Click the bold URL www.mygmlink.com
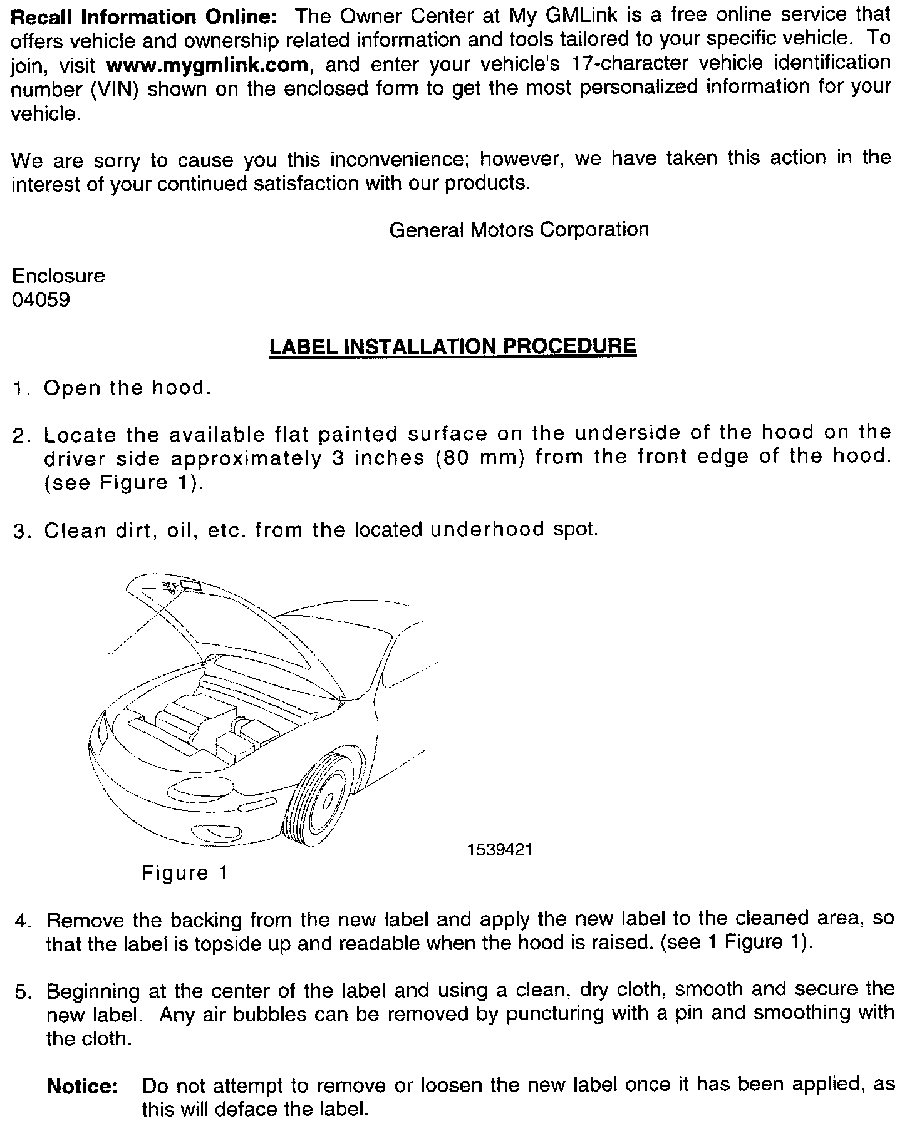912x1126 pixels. (x=207, y=65)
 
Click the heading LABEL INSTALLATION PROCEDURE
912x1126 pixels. (x=452, y=346)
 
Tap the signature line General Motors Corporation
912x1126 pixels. (x=519, y=230)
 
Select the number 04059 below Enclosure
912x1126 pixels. (x=41, y=301)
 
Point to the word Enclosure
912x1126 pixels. (x=58, y=276)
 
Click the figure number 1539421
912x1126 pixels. (x=499, y=849)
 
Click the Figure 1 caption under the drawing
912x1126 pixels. (x=184, y=872)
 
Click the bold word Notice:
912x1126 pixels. (x=82, y=1087)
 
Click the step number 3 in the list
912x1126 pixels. (x=19, y=531)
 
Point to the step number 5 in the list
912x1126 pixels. (x=23, y=992)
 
